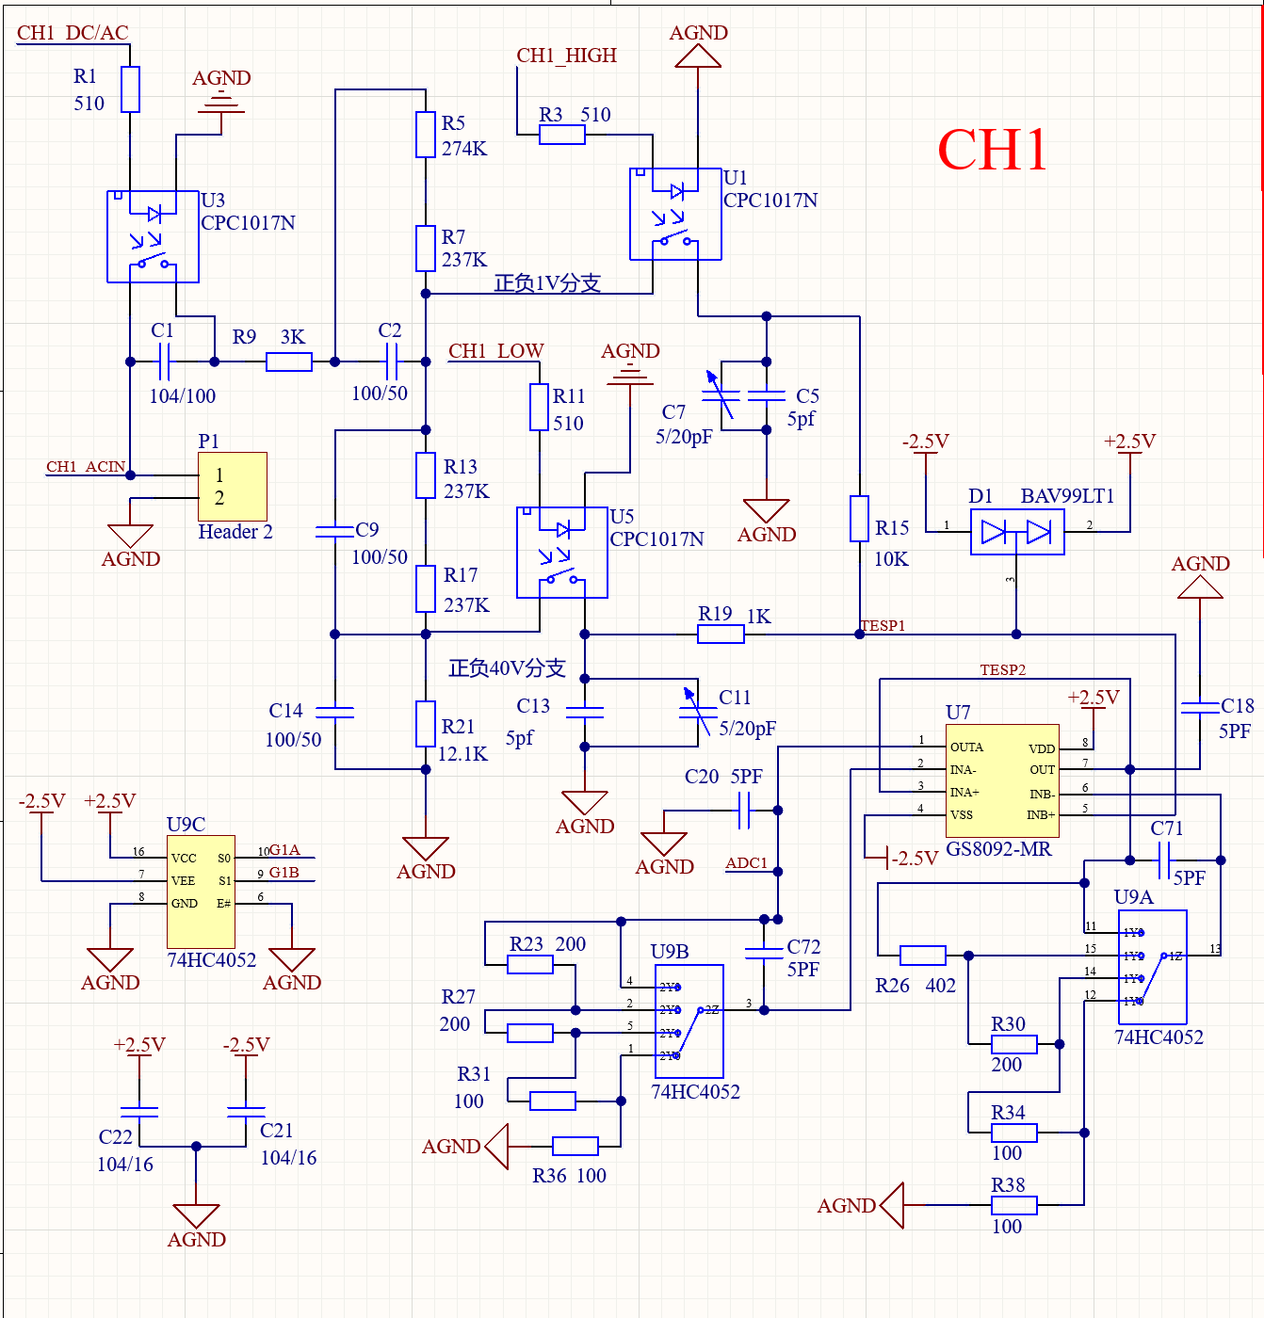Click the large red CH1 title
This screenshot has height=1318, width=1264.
pos(993,150)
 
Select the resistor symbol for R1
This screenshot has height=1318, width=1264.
pos(130,89)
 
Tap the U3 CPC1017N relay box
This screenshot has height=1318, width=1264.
pos(153,236)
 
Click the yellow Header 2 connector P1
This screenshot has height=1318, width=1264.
pos(232,487)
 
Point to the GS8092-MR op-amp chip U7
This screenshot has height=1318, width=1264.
pos(1002,780)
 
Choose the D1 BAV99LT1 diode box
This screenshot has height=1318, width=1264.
pos(1017,533)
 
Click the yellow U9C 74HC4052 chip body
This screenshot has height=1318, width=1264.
pos(201,892)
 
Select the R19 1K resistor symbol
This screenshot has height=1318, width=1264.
pos(721,635)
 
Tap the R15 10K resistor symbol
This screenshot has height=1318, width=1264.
pos(859,519)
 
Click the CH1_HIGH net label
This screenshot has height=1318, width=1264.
pos(566,56)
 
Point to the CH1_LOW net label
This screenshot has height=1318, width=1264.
pos(495,351)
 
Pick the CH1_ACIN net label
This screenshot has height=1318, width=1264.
pos(86,467)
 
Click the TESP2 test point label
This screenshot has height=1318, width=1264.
pos(1002,670)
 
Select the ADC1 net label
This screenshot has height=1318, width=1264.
pos(746,863)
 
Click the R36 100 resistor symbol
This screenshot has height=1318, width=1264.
pos(575,1146)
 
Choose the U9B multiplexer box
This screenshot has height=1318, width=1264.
pos(689,1021)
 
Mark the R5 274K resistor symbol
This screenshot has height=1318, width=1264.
pos(426,135)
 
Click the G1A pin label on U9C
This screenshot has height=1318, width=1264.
pos(284,850)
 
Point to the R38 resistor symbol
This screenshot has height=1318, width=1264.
pos(1014,1205)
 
